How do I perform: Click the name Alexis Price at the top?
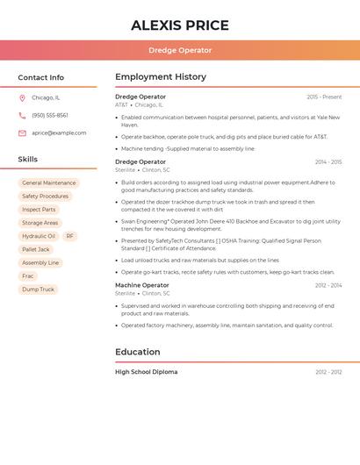(x=180, y=25)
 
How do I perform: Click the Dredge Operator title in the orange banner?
(x=180, y=50)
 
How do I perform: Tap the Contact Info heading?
(x=41, y=77)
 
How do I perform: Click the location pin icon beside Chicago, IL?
(x=22, y=97)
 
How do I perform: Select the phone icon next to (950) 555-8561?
(x=22, y=115)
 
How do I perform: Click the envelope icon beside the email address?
(x=22, y=133)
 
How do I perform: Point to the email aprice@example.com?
(x=59, y=133)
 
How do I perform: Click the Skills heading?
(x=28, y=160)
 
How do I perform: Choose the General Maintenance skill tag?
(x=49, y=183)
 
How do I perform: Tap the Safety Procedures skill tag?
(x=45, y=197)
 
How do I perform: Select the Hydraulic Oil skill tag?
(x=39, y=236)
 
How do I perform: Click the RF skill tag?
(x=70, y=236)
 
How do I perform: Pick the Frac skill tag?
(x=28, y=276)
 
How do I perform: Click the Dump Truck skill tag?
(x=38, y=290)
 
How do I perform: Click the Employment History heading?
(x=161, y=77)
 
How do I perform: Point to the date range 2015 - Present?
(x=324, y=97)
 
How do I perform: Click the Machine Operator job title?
(x=142, y=285)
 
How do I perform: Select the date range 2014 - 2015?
(x=328, y=162)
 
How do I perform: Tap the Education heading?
(x=138, y=352)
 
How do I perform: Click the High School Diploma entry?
(x=147, y=372)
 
